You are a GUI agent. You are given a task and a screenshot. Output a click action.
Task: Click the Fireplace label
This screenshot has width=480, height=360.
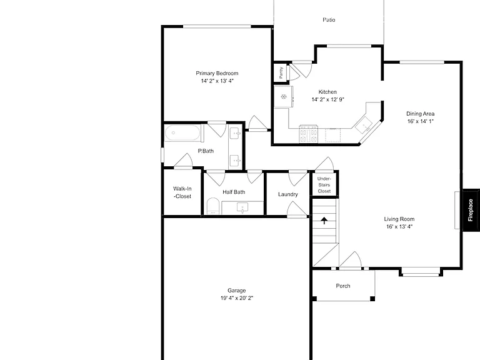pyautogui.click(x=471, y=210)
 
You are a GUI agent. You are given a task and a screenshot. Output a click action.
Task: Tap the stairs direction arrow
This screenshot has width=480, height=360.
pyautogui.click(x=324, y=221)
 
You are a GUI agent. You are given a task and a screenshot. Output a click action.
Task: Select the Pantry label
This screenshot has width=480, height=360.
pyautogui.click(x=281, y=72)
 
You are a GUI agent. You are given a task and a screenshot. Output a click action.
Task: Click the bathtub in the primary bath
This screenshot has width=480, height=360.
pyautogui.click(x=182, y=133)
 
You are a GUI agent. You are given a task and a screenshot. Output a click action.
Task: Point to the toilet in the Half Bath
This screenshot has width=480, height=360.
pyautogui.click(x=213, y=206)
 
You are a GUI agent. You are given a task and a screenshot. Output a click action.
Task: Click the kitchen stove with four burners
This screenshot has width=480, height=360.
pyautogui.click(x=309, y=135)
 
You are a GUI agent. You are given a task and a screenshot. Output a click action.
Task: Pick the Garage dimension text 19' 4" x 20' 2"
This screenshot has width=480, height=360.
pyautogui.click(x=237, y=298)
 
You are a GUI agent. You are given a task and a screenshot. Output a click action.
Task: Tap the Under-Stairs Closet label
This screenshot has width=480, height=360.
pyautogui.click(x=324, y=185)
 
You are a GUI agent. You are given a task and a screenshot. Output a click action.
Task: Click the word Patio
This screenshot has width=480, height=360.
pyautogui.click(x=329, y=20)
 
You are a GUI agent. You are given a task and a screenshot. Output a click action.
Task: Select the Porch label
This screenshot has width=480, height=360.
pyautogui.click(x=343, y=286)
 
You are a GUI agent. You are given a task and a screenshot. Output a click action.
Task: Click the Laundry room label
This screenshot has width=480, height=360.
pyautogui.click(x=287, y=194)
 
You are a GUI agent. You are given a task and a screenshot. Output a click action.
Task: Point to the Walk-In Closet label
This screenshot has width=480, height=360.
pyautogui.click(x=182, y=192)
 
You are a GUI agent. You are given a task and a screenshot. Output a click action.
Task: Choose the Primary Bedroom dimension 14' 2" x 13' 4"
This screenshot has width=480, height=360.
pyautogui.click(x=217, y=81)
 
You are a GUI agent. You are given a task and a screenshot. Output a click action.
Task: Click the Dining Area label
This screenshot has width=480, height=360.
pyautogui.click(x=420, y=114)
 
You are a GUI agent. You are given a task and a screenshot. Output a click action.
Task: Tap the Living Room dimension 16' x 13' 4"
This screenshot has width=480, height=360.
pyautogui.click(x=399, y=227)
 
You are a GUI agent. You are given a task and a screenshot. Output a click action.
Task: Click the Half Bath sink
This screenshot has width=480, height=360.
pyautogui.click(x=242, y=207)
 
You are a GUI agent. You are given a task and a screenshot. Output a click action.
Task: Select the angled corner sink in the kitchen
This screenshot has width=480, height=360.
pyautogui.click(x=364, y=124)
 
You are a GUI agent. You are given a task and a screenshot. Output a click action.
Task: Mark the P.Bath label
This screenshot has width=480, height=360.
pyautogui.click(x=206, y=151)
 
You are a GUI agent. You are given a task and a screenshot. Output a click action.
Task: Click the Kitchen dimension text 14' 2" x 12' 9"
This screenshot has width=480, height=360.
pyautogui.click(x=328, y=99)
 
